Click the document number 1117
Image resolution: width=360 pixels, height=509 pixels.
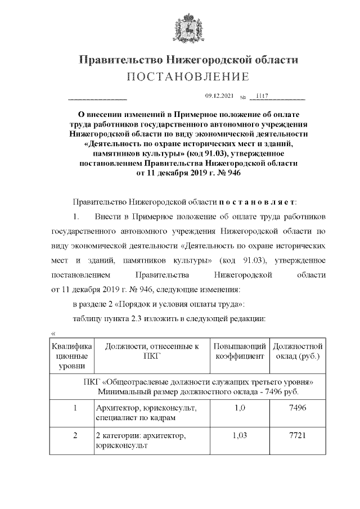coord(262,96)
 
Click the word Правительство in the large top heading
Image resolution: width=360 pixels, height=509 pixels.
coord(119,60)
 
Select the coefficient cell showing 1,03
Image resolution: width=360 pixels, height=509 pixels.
coord(238,435)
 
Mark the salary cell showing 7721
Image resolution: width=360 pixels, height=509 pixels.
coord(296,435)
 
